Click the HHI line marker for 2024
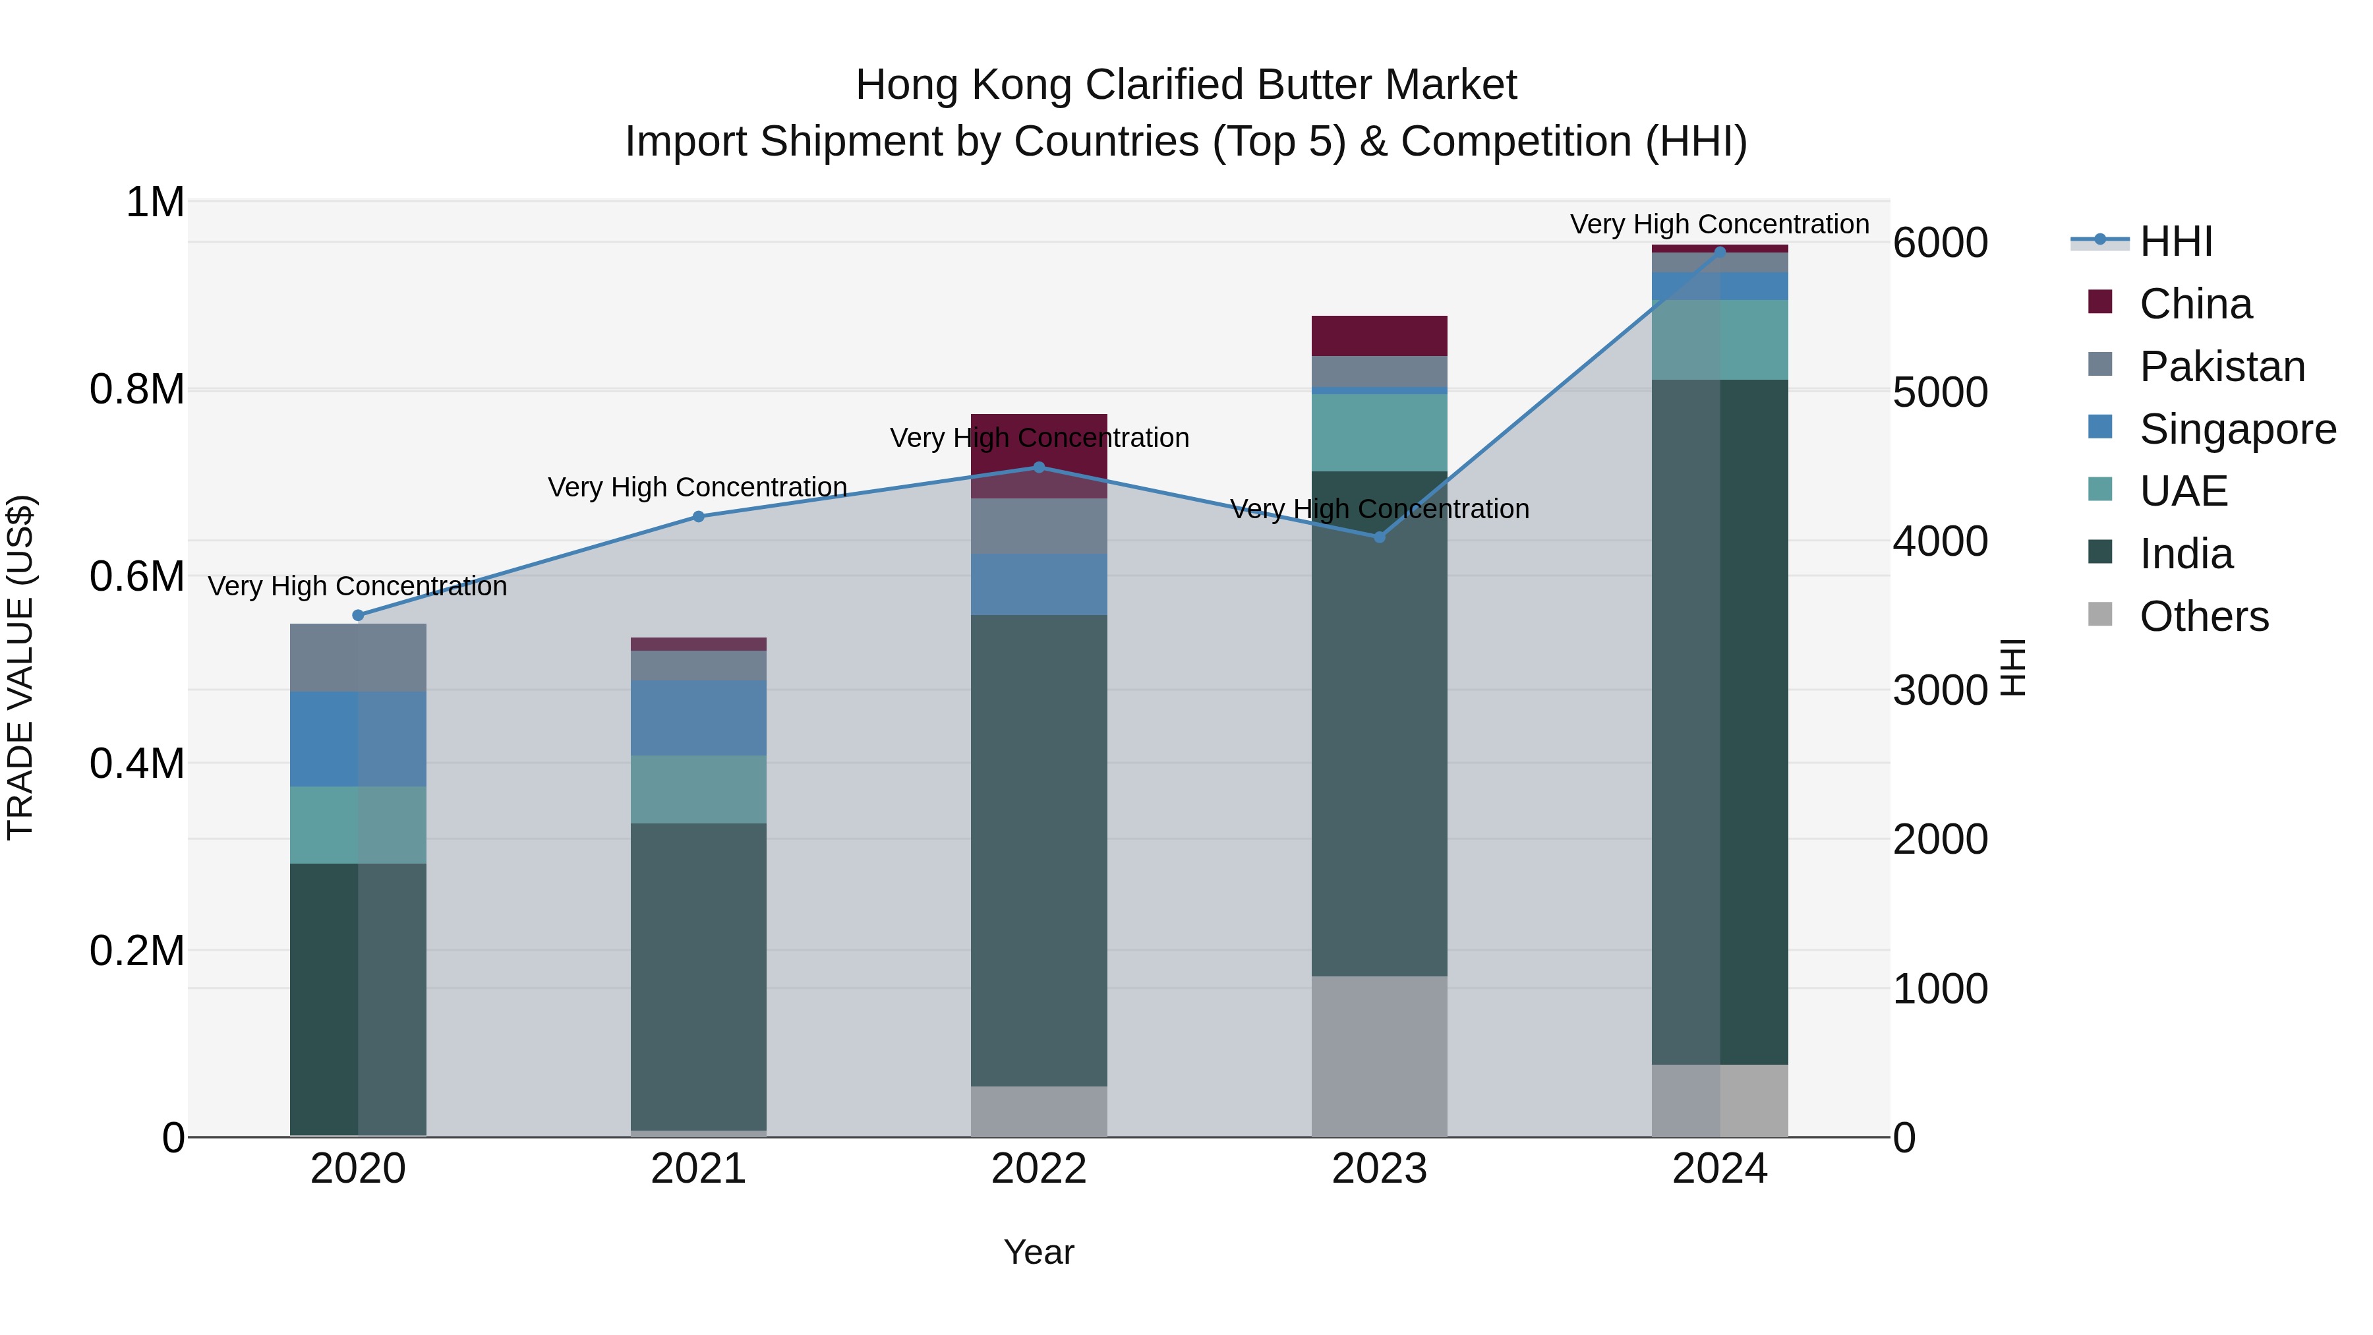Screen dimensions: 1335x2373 click(x=1719, y=252)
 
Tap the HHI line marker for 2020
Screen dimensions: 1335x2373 click(x=359, y=616)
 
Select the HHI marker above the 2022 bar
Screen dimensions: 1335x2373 click(x=1039, y=467)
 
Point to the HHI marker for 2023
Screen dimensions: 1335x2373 click(x=1379, y=537)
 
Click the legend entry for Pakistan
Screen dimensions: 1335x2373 click(x=2221, y=367)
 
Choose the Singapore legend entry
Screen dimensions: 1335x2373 click(x=2237, y=429)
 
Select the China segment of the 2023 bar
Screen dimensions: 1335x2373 click(x=1379, y=336)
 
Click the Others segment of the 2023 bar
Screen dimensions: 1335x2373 click(x=1379, y=1056)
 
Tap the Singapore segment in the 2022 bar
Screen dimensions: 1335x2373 click(x=1039, y=584)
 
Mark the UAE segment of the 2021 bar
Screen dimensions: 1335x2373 click(x=698, y=790)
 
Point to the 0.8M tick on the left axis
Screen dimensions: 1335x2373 click(x=137, y=390)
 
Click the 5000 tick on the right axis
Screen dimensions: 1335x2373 click(x=1940, y=392)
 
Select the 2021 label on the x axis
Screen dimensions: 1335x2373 click(x=698, y=1169)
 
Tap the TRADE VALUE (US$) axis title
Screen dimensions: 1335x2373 click(x=21, y=667)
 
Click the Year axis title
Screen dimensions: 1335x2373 click(x=1038, y=1252)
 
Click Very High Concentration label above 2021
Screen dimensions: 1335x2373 click(x=697, y=487)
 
